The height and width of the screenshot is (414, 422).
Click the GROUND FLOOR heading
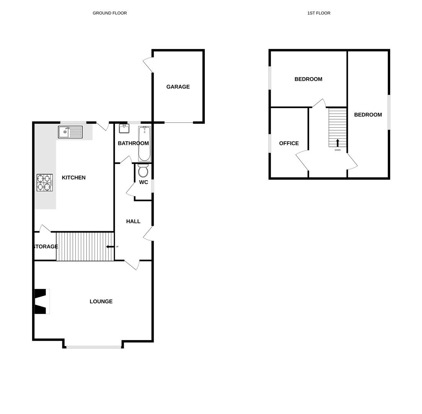(x=110, y=13)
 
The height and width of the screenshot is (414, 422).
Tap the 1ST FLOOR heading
(x=319, y=13)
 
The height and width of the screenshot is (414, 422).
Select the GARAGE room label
(x=178, y=87)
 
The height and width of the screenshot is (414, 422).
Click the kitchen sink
(x=70, y=132)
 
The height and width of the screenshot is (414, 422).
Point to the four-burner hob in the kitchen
(x=44, y=182)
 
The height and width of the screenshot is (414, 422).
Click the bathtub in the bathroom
(x=144, y=144)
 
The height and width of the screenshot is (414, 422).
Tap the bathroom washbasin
(x=124, y=128)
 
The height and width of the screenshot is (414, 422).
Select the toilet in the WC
(x=143, y=171)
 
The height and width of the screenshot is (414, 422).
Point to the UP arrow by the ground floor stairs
(x=110, y=246)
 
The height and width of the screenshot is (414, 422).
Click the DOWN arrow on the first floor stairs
(x=337, y=143)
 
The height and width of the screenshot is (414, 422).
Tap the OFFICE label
(x=289, y=143)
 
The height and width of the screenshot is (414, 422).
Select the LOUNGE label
(x=101, y=302)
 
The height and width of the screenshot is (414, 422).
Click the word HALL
(x=133, y=222)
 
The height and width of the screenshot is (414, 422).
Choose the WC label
(x=144, y=182)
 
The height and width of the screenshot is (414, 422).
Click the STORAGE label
(x=46, y=246)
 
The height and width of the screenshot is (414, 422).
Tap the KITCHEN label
(x=74, y=178)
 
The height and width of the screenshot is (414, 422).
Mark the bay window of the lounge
(x=94, y=347)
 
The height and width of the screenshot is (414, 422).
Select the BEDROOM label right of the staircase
(x=368, y=115)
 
